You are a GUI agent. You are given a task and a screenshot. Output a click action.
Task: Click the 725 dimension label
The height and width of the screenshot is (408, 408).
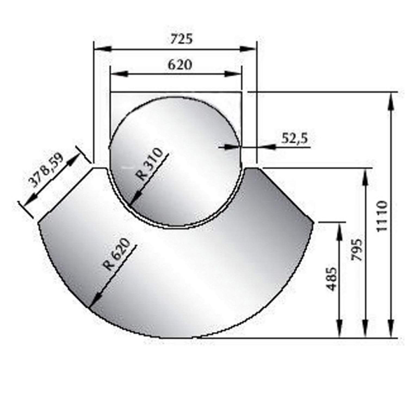[x=181, y=39]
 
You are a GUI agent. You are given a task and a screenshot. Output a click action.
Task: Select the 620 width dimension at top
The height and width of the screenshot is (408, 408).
[x=180, y=65]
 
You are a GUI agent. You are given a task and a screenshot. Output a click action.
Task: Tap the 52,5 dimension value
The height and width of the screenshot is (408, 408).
[x=295, y=139]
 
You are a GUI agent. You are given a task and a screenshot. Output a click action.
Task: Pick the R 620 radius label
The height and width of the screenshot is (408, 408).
[x=117, y=254]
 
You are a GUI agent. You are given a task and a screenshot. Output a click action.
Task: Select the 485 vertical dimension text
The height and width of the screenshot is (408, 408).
[x=332, y=279]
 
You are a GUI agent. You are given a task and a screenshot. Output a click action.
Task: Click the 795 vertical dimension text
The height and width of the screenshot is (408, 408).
[x=357, y=249]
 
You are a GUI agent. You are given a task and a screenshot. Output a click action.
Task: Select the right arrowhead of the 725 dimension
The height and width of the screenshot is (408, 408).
[x=248, y=49]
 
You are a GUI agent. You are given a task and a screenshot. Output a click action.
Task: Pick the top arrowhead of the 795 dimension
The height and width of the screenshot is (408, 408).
[x=365, y=177]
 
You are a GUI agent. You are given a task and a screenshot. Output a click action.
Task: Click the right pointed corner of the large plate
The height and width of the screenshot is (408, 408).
[x=314, y=223]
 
